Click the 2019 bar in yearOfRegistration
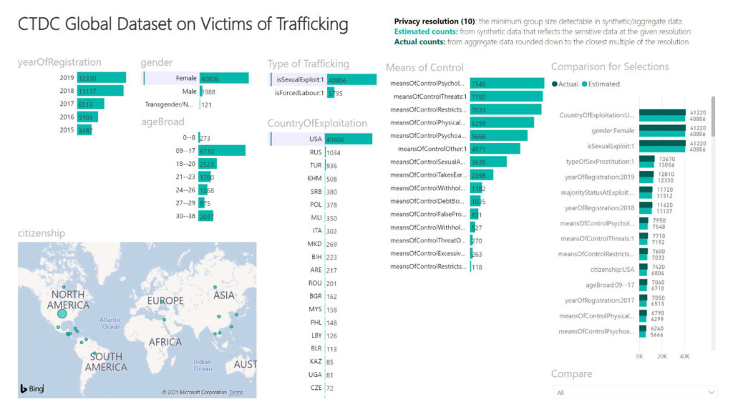pyautogui.click(x=102, y=77)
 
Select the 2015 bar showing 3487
pyautogui.click(x=85, y=130)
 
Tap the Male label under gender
pyautogui.click(x=189, y=92)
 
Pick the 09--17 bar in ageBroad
pyautogui.click(x=222, y=151)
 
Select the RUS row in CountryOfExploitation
pyautogui.click(x=315, y=152)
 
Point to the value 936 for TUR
pyautogui.click(x=331, y=166)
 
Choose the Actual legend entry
pyautogui.click(x=565, y=84)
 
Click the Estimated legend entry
pyautogui.click(x=601, y=84)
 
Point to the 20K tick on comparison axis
pyautogui.click(x=662, y=355)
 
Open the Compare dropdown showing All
pyautogui.click(x=635, y=392)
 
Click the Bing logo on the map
pyautogui.click(x=32, y=388)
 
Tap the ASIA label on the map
pyautogui.click(x=224, y=295)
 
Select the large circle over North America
pyautogui.click(x=62, y=313)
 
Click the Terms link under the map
pyautogui.click(x=236, y=393)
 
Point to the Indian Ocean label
pyautogui.click(x=203, y=365)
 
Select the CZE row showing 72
pyautogui.click(x=315, y=388)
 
